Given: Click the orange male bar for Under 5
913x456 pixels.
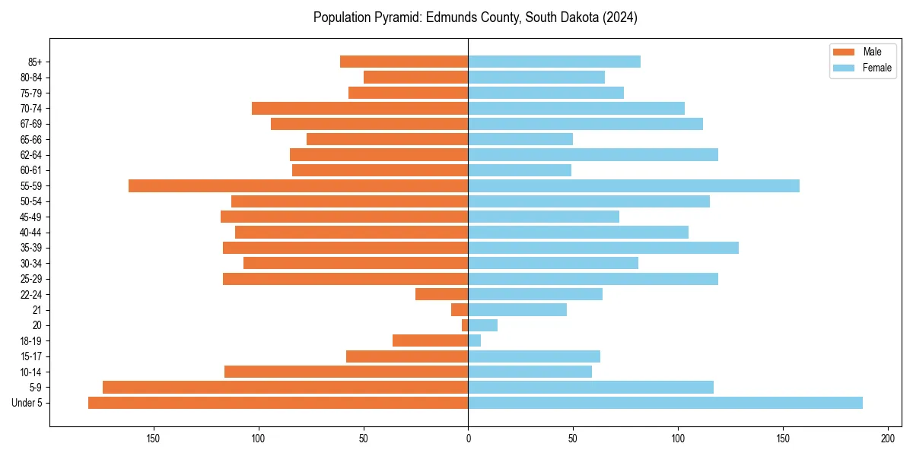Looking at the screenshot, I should tap(278, 403).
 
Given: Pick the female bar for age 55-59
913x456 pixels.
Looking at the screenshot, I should tap(634, 185).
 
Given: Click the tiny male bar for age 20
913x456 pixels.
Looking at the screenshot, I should tap(465, 325).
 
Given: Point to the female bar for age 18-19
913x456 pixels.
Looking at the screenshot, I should tap(475, 340).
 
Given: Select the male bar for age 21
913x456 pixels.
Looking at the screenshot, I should tap(460, 310).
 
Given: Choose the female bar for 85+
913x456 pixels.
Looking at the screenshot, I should tap(554, 62).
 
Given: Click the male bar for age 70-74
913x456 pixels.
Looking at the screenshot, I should tap(360, 108).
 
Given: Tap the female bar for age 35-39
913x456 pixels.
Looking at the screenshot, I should tap(603, 248).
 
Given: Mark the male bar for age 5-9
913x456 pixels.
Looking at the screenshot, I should tap(285, 388).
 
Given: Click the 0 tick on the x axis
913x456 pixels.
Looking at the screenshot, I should tap(468, 439).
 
